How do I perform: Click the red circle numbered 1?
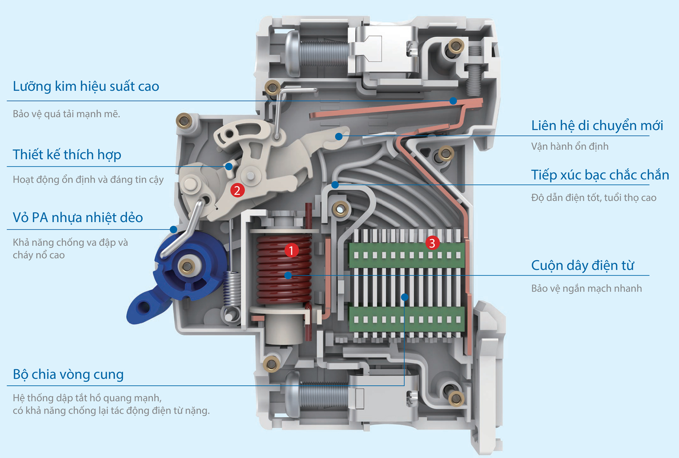(x=291, y=250)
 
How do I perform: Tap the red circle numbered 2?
(x=237, y=190)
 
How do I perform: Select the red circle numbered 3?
(x=432, y=243)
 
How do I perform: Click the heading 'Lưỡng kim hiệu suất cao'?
(x=86, y=86)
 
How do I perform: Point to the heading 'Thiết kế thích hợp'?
(x=67, y=154)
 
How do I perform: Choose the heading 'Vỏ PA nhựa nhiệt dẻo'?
(x=78, y=217)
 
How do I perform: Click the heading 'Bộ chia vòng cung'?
(x=68, y=374)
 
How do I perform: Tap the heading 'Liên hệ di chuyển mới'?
(x=597, y=126)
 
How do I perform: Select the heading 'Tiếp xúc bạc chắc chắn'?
(x=600, y=175)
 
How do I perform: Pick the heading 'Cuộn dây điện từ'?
(x=583, y=265)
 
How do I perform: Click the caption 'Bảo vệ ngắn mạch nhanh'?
(x=586, y=288)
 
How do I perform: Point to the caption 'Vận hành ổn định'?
(x=570, y=146)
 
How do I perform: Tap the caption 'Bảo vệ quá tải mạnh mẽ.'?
(x=67, y=114)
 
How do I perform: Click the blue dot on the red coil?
(x=288, y=275)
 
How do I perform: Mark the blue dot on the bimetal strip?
(x=453, y=101)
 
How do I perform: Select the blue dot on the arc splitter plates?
(x=404, y=297)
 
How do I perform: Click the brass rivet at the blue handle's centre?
(x=187, y=266)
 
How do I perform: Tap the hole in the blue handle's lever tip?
(x=144, y=307)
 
